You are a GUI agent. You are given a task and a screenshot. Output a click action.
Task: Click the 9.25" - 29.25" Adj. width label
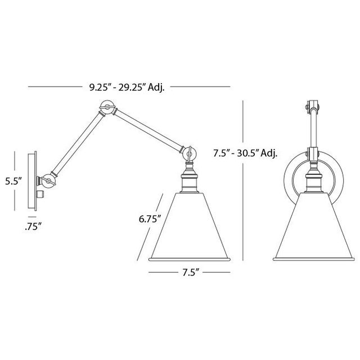point(126,87)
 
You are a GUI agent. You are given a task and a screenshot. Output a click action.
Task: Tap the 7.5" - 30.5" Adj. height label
point(246,152)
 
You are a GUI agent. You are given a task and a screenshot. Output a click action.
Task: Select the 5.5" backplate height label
point(12,181)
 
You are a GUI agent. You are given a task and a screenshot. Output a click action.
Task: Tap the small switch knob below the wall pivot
point(43,193)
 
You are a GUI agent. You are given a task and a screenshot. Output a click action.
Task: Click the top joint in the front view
point(310,106)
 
